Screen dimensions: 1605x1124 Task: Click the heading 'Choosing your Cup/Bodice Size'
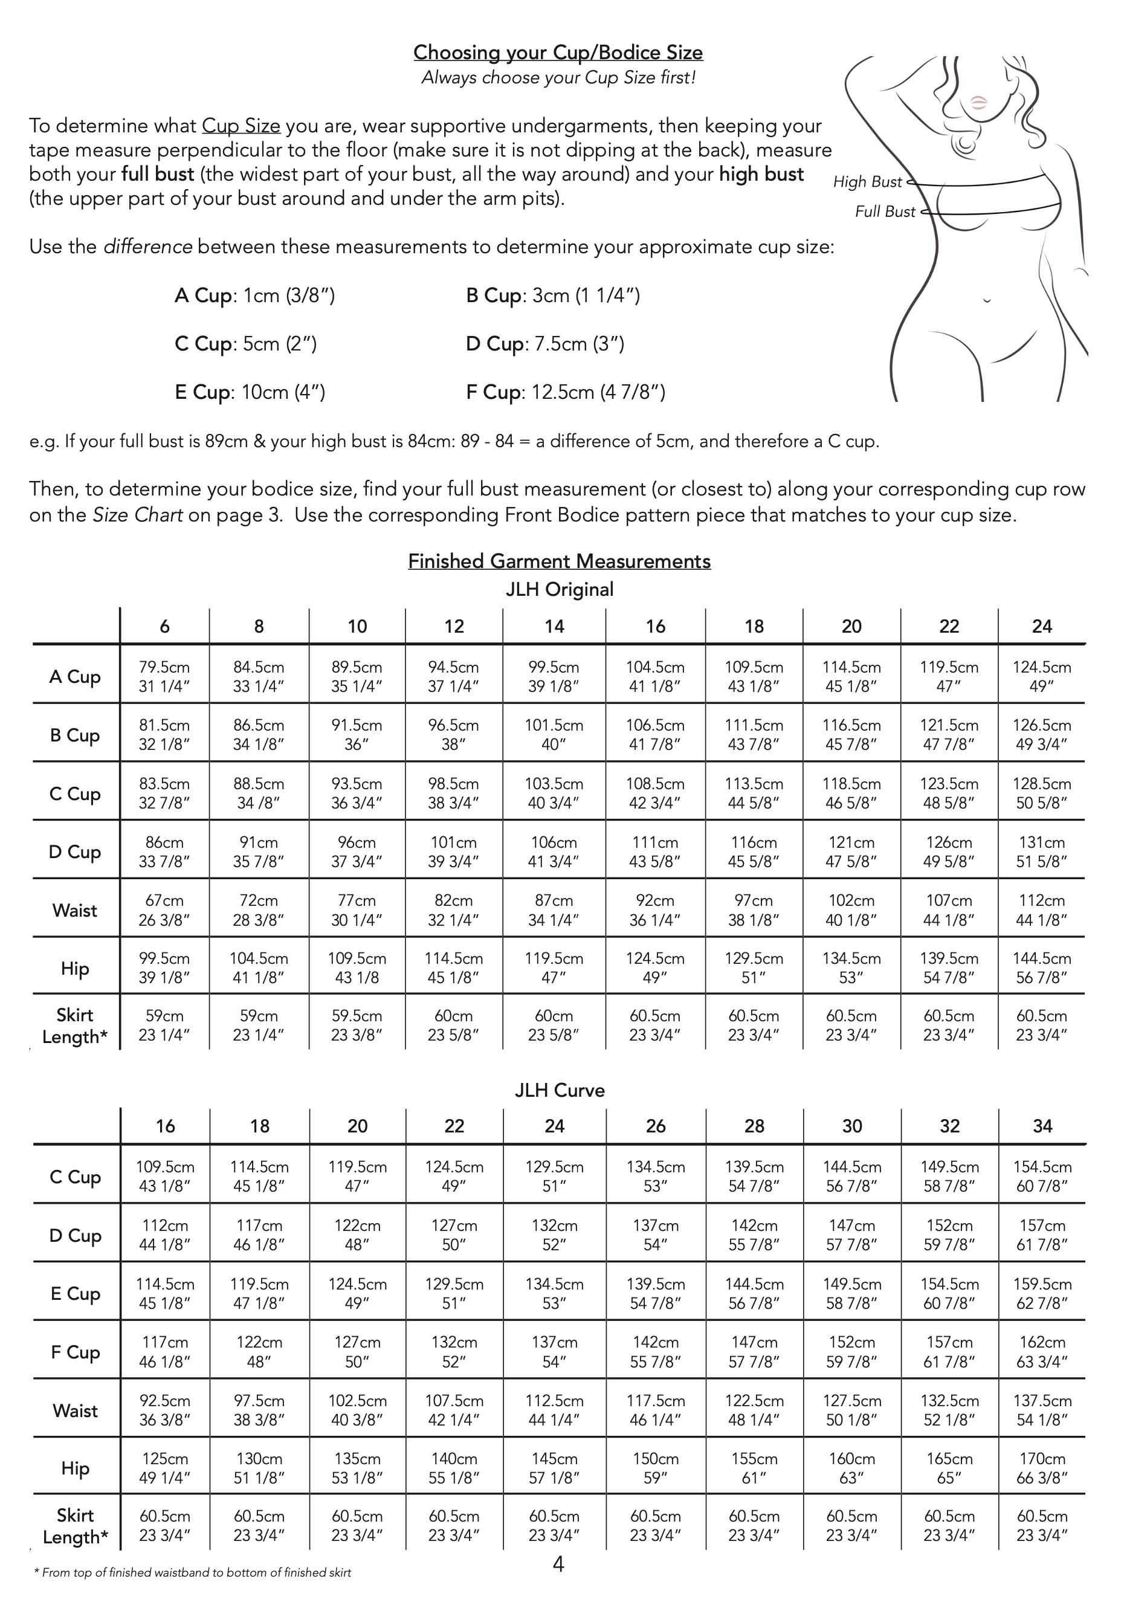coord(558,53)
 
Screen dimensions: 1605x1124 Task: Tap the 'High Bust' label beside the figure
coord(867,182)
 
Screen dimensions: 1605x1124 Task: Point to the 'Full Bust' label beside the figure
coord(885,212)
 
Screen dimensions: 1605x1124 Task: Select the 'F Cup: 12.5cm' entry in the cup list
coord(566,392)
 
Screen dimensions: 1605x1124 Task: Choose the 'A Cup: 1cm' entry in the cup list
coord(254,295)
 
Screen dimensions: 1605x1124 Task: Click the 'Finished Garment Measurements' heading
coord(559,561)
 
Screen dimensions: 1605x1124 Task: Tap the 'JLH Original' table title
coord(559,589)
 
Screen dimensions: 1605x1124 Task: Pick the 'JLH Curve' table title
coord(559,1091)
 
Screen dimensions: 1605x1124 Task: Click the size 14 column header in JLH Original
coord(554,626)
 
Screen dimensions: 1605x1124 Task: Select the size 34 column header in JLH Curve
coord(1042,1126)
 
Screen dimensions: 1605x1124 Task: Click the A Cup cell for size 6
coord(164,677)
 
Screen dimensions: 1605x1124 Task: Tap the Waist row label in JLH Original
coord(75,910)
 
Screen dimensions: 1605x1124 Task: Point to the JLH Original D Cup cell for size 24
coord(1042,851)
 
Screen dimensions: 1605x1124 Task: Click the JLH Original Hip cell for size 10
coord(357,967)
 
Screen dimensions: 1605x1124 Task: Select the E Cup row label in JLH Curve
coord(75,1293)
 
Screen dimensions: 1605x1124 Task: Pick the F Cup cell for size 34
coord(1042,1351)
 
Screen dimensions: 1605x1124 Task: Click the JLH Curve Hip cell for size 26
coord(656,1468)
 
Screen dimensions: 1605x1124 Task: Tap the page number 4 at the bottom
coord(558,1565)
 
